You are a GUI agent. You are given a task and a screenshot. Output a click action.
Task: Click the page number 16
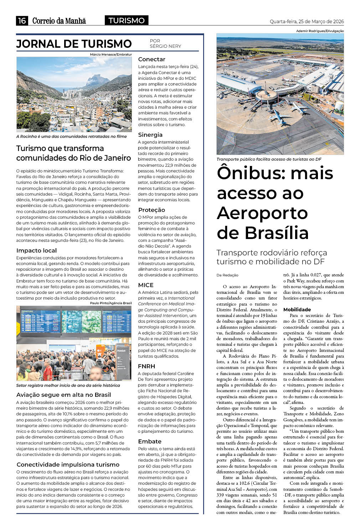coord(22,21)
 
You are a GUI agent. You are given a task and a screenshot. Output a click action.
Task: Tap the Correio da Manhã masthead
coord(59,21)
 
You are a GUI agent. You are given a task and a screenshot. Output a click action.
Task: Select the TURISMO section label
coord(127,21)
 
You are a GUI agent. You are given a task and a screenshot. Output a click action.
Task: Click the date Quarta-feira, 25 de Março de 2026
coord(307,21)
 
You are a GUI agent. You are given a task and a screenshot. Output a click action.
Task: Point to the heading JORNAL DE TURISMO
coord(74,44)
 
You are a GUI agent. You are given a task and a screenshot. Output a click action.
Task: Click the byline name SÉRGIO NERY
coord(165,46)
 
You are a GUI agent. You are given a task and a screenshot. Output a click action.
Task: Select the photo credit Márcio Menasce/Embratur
coord(111,54)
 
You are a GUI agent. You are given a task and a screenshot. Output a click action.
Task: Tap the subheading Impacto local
coord(36,250)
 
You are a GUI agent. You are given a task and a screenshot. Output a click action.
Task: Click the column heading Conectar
coord(151,59)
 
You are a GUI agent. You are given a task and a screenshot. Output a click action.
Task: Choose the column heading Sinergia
coord(150,135)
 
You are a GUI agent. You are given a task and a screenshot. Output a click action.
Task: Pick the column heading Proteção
coord(151,210)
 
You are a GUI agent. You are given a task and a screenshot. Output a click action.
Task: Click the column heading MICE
coord(146,285)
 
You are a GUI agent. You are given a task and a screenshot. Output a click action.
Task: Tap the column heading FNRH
coord(146,366)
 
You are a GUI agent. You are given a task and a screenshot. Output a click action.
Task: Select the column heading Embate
coord(150,441)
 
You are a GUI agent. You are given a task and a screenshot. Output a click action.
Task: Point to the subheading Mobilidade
coord(297,310)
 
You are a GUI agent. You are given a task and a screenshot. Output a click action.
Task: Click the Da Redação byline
coord(227,275)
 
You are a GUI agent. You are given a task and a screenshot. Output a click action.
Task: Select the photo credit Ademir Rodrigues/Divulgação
coord(320,31)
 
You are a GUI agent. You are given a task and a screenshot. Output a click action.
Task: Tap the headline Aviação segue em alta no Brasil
coord(63,395)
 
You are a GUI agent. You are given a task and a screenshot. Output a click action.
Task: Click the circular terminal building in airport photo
coord(267,95)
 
